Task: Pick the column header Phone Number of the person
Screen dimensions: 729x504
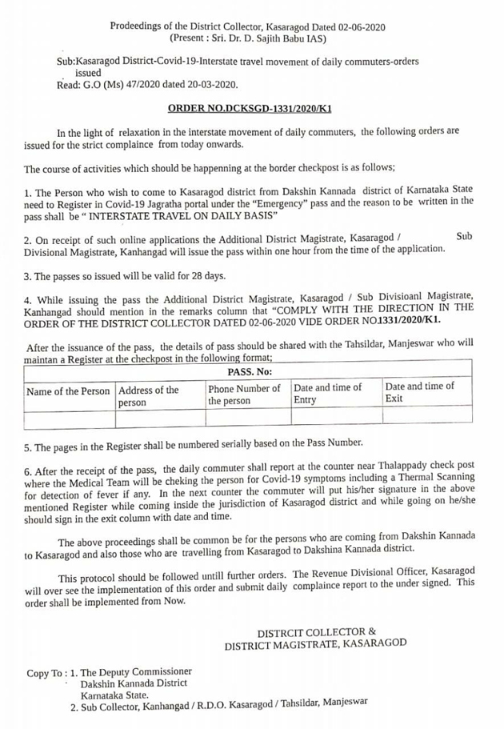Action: pyautogui.click(x=244, y=394)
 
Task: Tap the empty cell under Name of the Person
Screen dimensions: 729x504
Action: pyautogui.click(x=70, y=416)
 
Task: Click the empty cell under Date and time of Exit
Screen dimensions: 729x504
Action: pyautogui.click(x=426, y=415)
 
